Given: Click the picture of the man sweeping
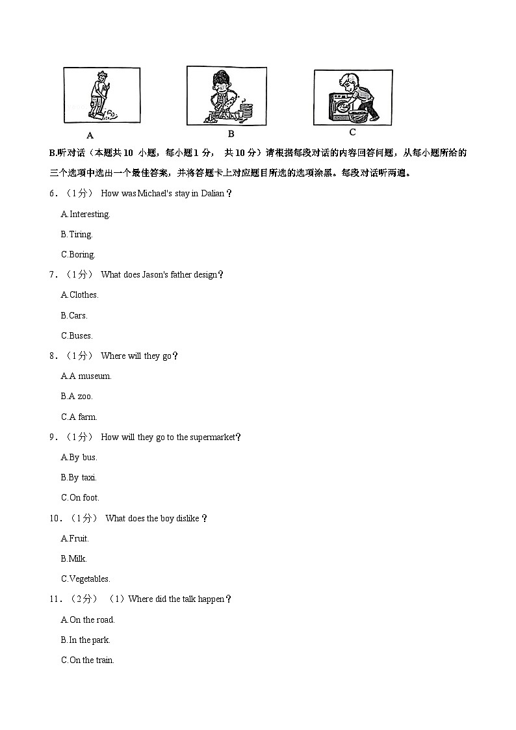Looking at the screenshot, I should click(101, 96).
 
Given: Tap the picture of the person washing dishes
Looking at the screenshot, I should click(226, 95).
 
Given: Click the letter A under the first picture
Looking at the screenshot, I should click(90, 136).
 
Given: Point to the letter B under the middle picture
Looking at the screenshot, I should click(230, 134).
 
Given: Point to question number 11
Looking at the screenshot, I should click(55, 599).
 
